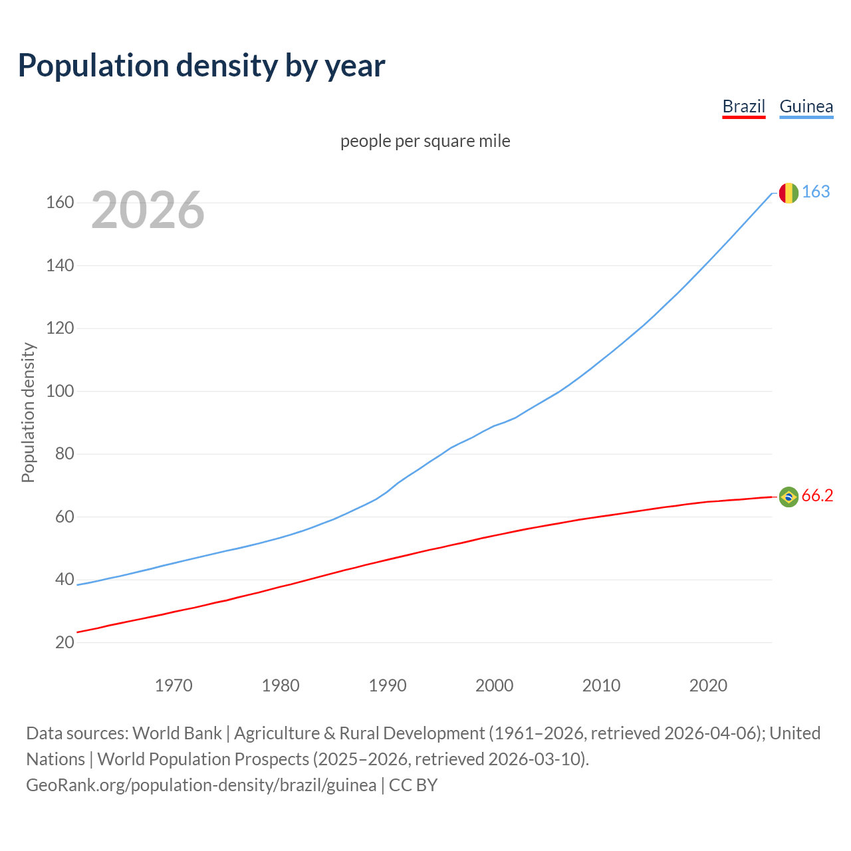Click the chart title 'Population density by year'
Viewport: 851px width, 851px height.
(x=201, y=66)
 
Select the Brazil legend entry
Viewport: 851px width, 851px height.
(x=743, y=106)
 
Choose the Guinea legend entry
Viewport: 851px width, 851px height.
(x=806, y=106)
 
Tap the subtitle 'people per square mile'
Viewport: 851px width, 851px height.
(x=425, y=141)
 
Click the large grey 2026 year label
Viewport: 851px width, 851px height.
(x=148, y=210)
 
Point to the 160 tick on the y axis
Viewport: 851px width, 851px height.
(x=60, y=202)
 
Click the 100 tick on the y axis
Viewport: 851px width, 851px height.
(x=60, y=391)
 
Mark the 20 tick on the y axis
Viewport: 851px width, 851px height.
(x=64, y=642)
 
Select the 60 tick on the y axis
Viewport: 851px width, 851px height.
(x=64, y=517)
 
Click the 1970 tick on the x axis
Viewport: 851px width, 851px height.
(x=174, y=685)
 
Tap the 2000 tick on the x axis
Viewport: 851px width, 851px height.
(x=494, y=685)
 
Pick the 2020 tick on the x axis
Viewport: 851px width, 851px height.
(x=708, y=685)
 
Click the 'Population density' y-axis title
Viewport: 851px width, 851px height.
(x=28, y=412)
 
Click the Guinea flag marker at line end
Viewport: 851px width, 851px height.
(x=789, y=193)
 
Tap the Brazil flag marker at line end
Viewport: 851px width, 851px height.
(x=789, y=497)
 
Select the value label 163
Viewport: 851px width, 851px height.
(x=816, y=192)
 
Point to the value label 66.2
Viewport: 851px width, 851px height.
(x=817, y=496)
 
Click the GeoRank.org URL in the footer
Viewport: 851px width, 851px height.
(x=201, y=785)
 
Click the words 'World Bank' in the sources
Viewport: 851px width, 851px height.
(x=177, y=733)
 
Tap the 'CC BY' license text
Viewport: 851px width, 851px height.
(x=413, y=785)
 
